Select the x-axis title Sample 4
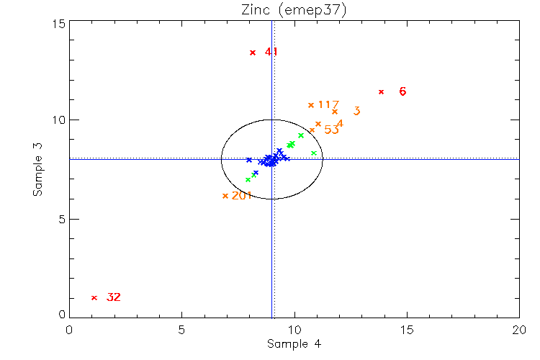click(293, 344)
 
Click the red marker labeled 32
click(94, 297)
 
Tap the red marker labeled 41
click(253, 53)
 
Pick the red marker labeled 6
click(381, 91)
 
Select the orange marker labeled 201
click(225, 196)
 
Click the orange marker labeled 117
click(311, 105)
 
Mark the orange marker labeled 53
click(312, 130)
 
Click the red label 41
click(271, 52)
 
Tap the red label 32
click(114, 297)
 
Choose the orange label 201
click(242, 195)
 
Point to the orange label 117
click(328, 105)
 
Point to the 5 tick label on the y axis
click(60, 220)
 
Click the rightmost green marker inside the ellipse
click(314, 153)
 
